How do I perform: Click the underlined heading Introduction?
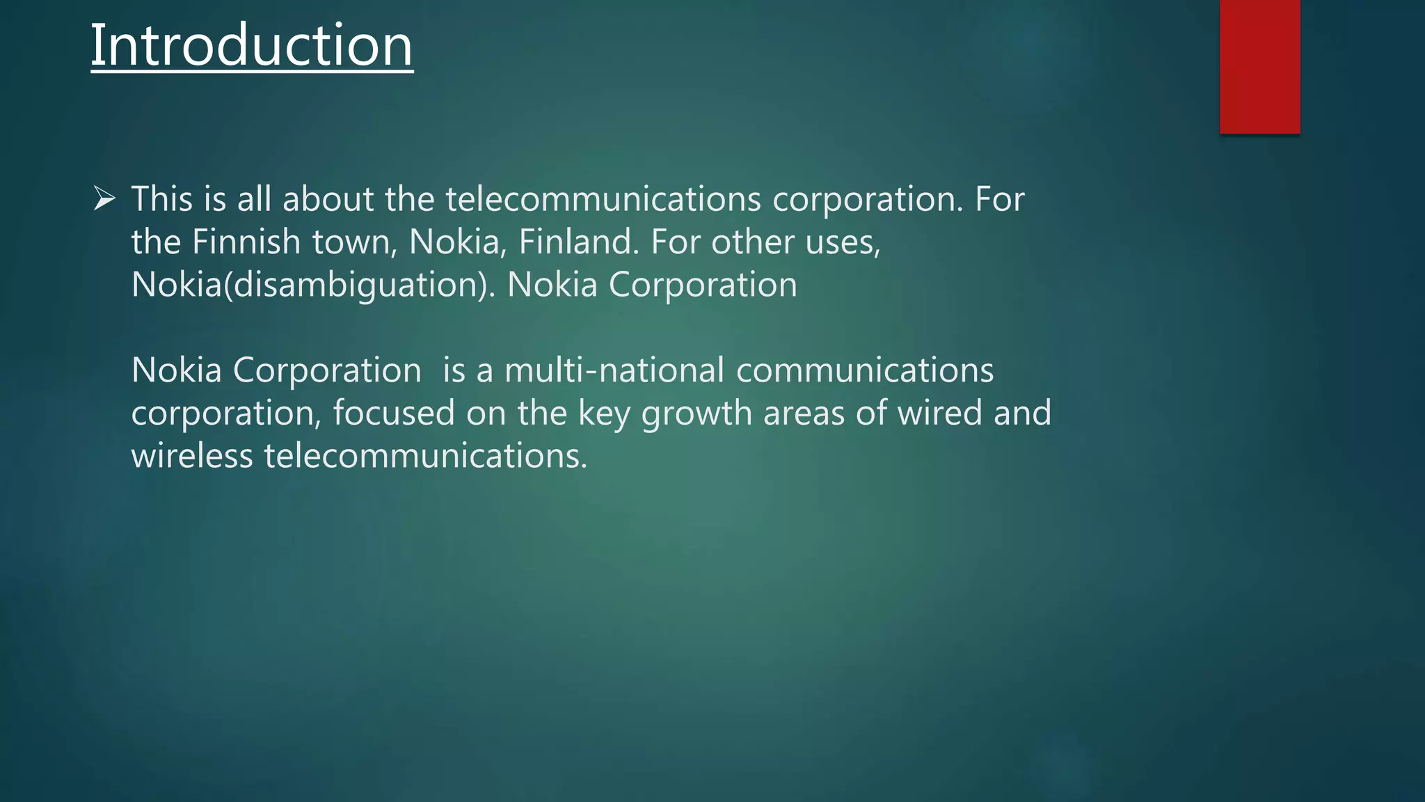252,45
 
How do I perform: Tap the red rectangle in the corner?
1259,66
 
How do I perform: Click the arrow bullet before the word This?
104,199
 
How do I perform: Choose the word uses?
843,242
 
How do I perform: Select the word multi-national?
614,370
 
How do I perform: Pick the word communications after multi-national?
865,370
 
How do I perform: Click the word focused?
394,413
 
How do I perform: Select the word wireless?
192,456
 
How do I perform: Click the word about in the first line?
328,199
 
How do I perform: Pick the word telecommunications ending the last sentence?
426,456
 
